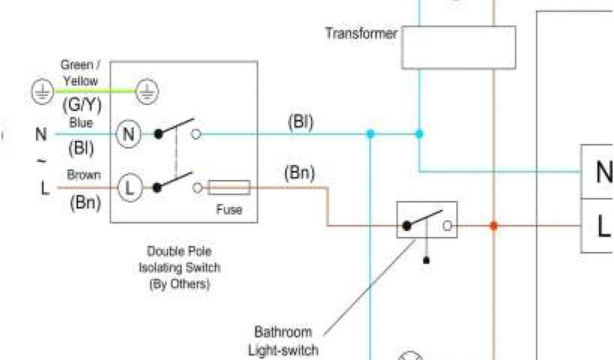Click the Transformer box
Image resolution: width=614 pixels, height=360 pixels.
tap(458, 47)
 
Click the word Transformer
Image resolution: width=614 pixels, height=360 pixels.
tap(361, 33)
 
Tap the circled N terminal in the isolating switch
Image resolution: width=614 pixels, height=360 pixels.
tap(128, 134)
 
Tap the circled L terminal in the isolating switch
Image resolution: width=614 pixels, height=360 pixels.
tap(128, 188)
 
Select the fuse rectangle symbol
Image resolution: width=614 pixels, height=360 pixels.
tap(229, 188)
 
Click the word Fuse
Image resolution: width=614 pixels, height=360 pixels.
tap(229, 209)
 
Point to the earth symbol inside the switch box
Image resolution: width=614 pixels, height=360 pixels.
tap(146, 91)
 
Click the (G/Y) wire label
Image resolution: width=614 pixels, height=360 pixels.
tap(82, 106)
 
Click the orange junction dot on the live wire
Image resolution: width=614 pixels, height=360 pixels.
tap(493, 226)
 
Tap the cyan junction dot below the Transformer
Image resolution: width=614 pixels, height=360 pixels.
tap(419, 134)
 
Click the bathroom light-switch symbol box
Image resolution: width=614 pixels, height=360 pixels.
tap(427, 220)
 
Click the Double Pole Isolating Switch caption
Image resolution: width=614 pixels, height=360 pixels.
tap(179, 268)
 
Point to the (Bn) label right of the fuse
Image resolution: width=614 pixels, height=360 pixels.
tap(299, 173)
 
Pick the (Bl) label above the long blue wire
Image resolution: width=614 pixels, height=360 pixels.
tap(300, 122)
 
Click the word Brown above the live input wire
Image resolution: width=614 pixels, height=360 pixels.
tap(84, 175)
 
